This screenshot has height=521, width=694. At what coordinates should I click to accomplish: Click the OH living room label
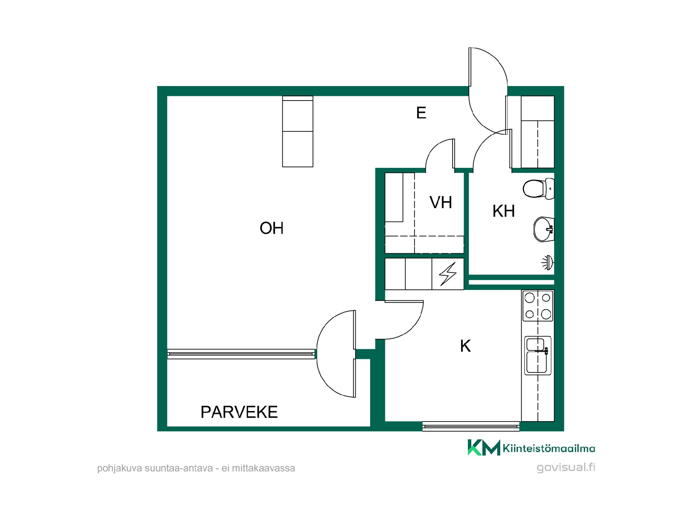271,228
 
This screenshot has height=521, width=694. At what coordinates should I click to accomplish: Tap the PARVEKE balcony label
239,412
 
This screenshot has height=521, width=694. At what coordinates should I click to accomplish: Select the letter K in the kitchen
465,346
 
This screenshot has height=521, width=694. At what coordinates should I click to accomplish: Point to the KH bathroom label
504,211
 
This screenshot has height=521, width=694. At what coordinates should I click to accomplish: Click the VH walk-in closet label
441,203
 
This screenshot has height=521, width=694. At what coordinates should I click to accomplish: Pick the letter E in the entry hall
421,113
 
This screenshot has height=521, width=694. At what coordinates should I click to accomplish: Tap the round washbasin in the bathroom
544,229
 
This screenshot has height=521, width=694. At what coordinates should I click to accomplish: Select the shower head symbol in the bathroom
548,262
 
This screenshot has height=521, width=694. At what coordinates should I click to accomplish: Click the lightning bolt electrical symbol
447,274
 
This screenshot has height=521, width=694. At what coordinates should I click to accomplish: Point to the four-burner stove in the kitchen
538,306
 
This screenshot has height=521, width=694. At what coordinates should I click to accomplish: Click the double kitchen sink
538,355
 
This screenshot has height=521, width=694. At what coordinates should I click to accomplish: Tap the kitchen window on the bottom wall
471,426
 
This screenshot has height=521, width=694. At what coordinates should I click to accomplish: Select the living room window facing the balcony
241,354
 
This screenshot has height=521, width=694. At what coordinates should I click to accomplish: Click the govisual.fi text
566,467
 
